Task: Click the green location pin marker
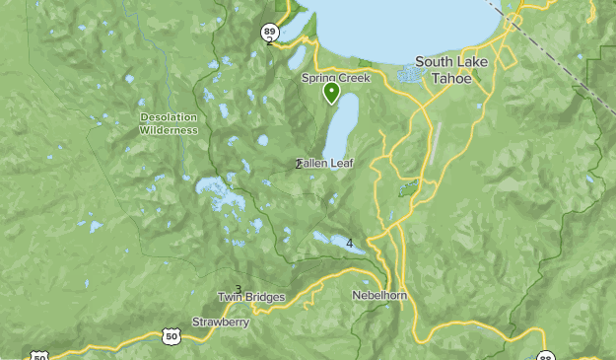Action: (332, 93)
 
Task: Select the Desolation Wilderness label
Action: (168, 123)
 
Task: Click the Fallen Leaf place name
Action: (327, 164)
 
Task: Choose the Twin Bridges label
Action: (251, 297)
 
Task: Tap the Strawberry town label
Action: (221, 322)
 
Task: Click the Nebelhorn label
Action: (379, 295)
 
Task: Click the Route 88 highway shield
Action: (546, 357)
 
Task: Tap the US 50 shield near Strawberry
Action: (171, 337)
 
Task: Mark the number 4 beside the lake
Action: (349, 243)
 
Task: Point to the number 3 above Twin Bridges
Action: (238, 289)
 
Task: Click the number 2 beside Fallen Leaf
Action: (298, 164)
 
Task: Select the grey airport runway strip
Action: (436, 144)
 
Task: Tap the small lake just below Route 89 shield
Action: (298, 59)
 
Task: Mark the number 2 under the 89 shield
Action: (269, 40)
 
